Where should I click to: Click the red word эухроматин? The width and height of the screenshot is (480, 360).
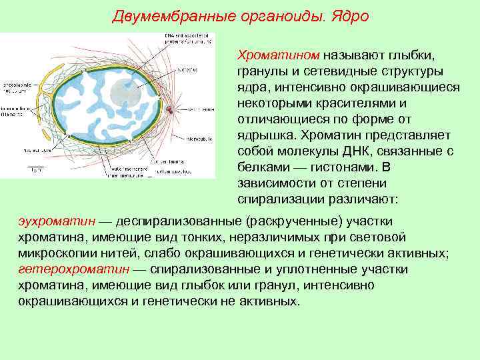pos(55,221)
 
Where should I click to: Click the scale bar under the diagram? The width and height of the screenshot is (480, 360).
pos(37,166)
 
